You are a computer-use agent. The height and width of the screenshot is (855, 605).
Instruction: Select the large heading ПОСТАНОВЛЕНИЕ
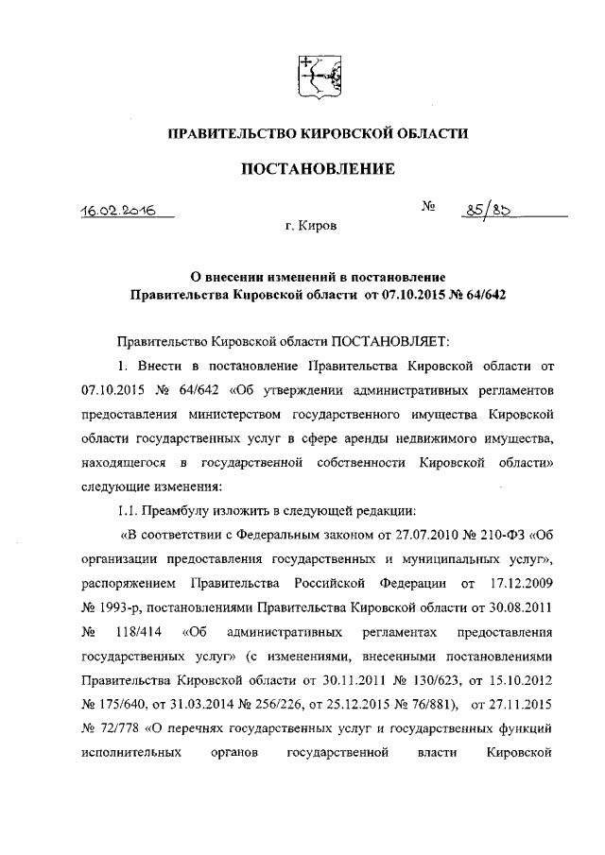pos(317,170)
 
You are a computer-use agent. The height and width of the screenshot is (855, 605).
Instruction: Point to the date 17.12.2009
pos(519,579)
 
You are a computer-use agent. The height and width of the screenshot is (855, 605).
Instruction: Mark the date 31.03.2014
pos(194,702)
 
